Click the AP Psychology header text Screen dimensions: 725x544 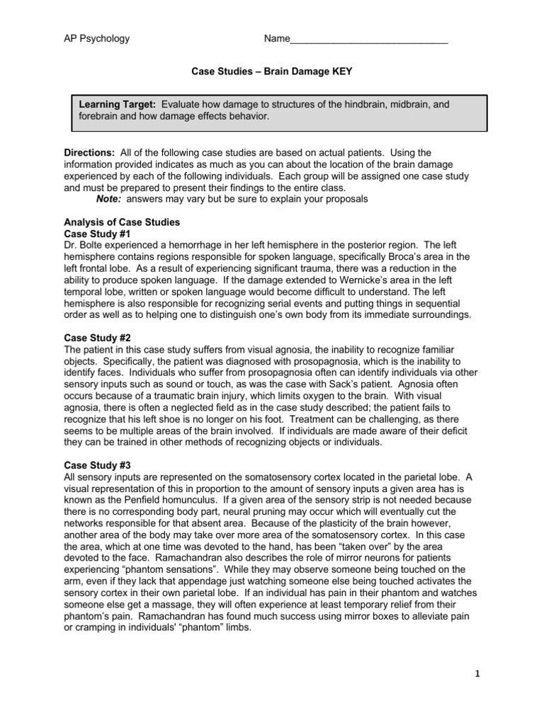pyautogui.click(x=96, y=38)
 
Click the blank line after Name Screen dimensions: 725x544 pyautogui.click(x=368, y=40)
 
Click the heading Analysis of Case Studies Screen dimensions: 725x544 pyautogui.click(x=122, y=222)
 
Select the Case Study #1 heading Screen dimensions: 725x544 pyautogui.click(x=97, y=233)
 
